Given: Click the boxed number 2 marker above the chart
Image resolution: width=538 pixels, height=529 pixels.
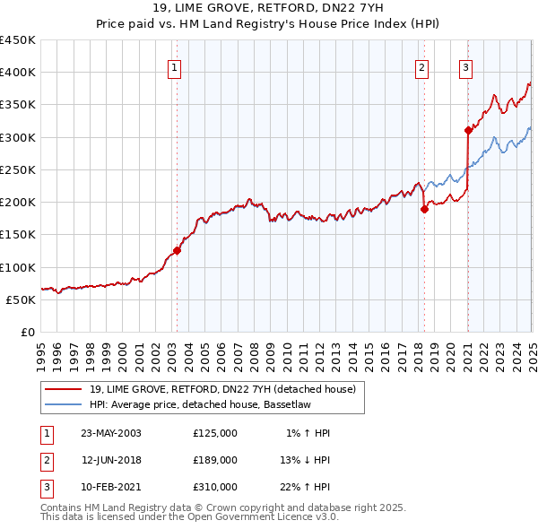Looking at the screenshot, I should pos(421,65).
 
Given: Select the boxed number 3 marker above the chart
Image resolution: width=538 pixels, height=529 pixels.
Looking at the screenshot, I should pos(466,65).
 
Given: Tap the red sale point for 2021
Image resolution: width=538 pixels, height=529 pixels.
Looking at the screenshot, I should pos(468,130).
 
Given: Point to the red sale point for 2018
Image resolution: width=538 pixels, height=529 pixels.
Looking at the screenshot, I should pos(424,209).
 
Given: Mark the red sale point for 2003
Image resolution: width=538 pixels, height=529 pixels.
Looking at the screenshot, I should pos(178,251).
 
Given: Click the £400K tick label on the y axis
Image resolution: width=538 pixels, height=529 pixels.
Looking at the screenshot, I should pos(18,73).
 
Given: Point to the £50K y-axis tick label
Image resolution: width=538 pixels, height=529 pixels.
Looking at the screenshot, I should pos(22,299).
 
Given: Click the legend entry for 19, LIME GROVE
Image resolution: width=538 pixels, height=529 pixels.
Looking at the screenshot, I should pos(223,389).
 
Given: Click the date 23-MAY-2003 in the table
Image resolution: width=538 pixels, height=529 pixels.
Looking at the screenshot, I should pos(110,433).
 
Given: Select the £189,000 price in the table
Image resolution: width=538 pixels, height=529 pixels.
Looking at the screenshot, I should pos(215,460).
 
